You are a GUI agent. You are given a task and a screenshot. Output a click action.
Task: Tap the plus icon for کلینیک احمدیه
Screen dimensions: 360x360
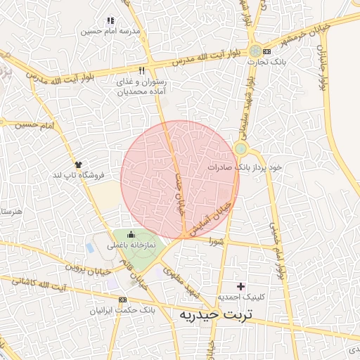[241, 286]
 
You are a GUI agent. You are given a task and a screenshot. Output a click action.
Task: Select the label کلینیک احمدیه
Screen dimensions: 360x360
[240, 298]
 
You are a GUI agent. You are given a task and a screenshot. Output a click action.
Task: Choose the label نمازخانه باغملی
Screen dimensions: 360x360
[131, 246]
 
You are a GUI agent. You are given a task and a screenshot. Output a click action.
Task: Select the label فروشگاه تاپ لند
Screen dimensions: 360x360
[81, 174]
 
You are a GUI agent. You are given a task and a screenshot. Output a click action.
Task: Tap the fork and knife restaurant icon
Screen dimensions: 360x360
[142, 70]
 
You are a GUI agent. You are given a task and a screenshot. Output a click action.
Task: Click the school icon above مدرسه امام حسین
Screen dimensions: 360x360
[110, 21]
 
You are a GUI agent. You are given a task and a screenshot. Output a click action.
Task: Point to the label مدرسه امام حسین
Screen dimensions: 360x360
[110, 32]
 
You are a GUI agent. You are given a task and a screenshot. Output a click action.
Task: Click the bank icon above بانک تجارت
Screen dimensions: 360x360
[255, 51]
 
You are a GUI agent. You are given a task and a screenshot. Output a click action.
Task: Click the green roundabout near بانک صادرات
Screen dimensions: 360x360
[241, 149]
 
